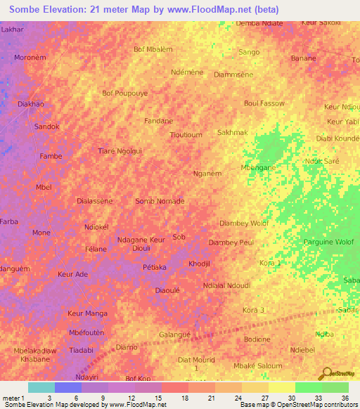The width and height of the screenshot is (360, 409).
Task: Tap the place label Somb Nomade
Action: coord(160,201)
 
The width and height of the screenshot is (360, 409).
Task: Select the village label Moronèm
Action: coord(31,57)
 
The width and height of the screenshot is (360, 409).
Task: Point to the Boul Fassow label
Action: coord(264,103)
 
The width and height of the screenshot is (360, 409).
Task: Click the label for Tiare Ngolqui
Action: coord(120,150)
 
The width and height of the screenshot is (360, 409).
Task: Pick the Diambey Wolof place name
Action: coord(244,223)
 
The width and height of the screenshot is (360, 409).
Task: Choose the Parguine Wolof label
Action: coord(328,242)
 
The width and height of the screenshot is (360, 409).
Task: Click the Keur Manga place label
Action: coord(86,313)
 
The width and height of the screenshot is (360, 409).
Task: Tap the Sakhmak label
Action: coord(233,132)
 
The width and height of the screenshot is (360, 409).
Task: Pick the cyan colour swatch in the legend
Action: coord(41,387)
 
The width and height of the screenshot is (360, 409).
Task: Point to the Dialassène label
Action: coord(94,200)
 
